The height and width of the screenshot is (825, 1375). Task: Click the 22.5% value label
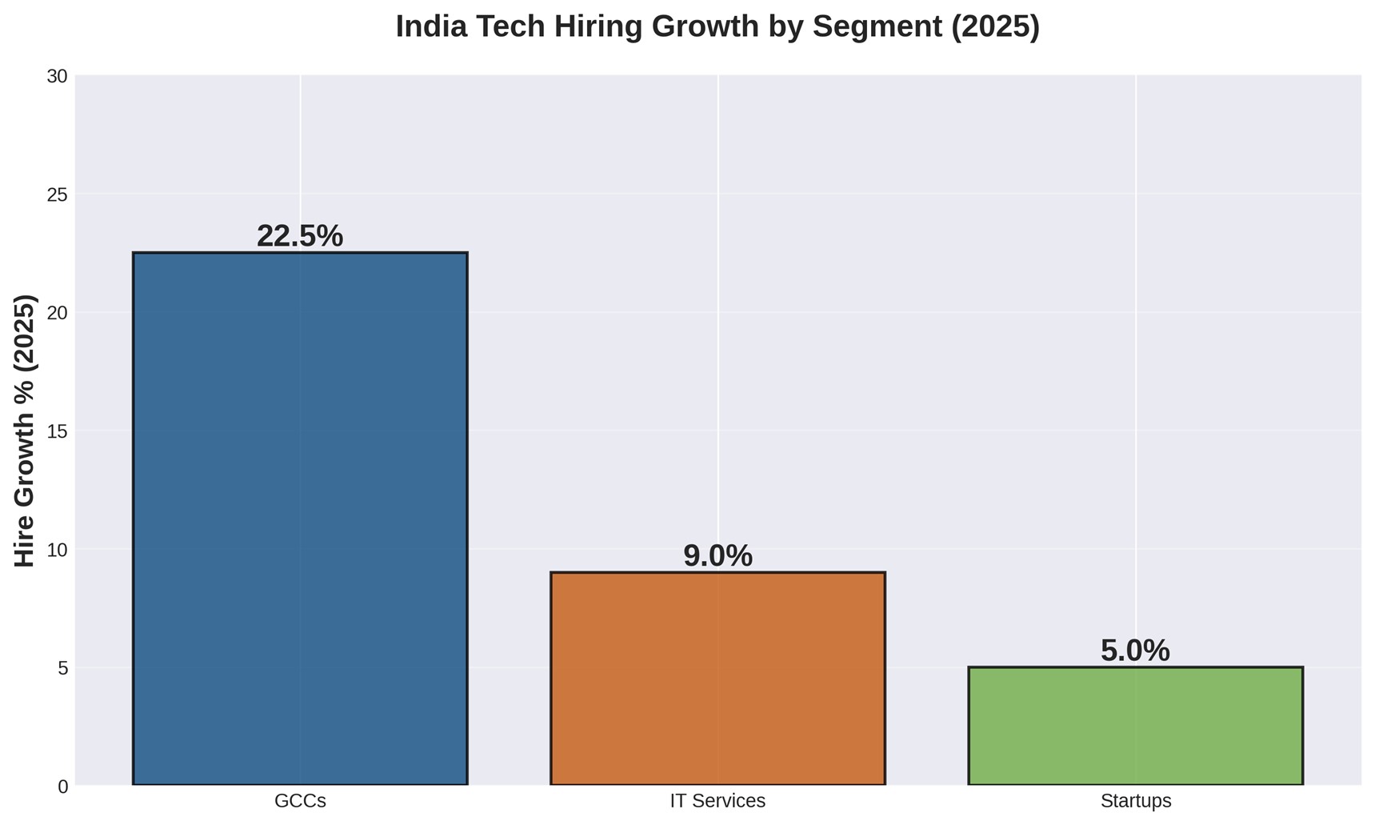tap(300, 236)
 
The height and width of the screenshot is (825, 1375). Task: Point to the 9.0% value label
tap(717, 556)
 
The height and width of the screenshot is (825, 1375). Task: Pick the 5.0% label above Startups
tap(1135, 651)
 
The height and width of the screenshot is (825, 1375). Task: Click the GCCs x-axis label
tap(300, 801)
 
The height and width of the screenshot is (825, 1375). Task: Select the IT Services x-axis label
tap(717, 801)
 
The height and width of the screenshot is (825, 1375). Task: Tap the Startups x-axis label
tap(1135, 801)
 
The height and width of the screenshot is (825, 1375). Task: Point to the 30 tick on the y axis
tap(57, 77)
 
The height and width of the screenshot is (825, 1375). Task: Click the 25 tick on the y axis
tap(57, 195)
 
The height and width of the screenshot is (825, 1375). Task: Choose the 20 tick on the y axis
tap(57, 313)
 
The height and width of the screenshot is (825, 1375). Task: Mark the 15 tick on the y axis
tap(57, 431)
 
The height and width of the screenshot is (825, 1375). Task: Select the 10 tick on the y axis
tap(57, 550)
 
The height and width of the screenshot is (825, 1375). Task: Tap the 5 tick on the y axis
tap(62, 668)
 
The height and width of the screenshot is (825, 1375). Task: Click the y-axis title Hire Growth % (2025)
tap(26, 431)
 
